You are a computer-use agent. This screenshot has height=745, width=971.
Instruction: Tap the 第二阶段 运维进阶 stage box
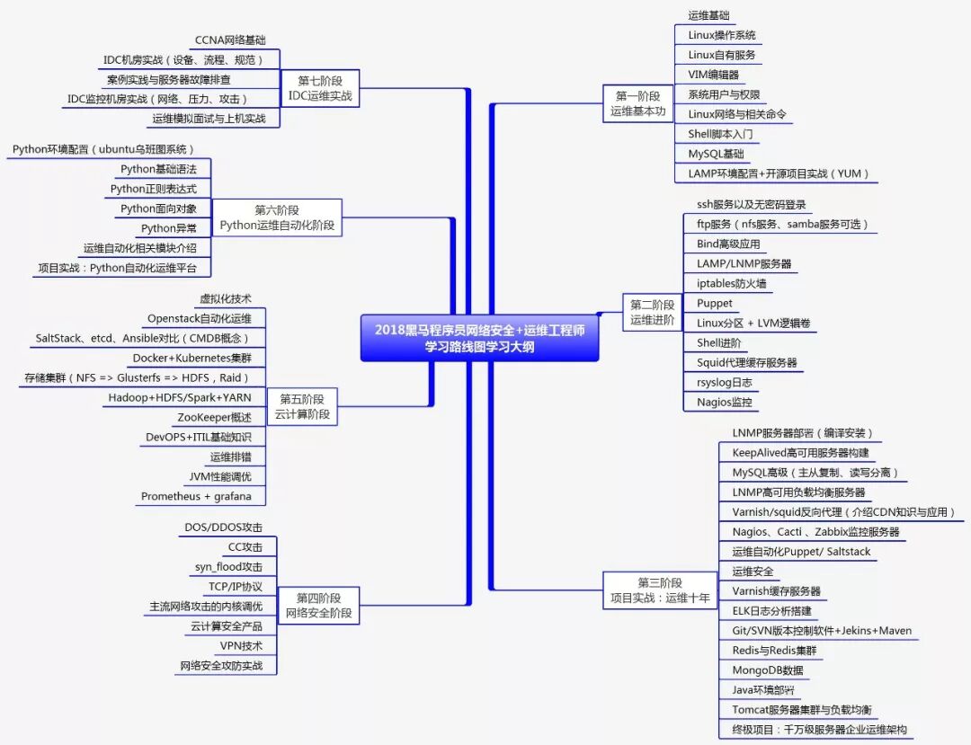click(x=652, y=312)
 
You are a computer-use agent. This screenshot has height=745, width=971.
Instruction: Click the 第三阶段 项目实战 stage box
click(x=660, y=590)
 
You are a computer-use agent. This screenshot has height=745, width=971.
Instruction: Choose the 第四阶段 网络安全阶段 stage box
click(x=319, y=606)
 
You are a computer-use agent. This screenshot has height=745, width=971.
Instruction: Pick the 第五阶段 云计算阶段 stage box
click(x=302, y=406)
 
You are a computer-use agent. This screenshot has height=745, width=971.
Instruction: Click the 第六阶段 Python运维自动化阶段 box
click(x=277, y=217)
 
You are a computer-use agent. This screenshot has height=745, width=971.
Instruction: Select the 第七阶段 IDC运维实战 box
click(x=320, y=88)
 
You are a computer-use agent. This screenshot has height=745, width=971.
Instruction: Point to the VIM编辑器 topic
click(x=713, y=75)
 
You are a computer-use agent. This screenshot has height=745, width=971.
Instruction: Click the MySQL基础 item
click(x=716, y=154)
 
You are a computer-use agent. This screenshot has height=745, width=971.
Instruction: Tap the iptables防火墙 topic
click(x=731, y=283)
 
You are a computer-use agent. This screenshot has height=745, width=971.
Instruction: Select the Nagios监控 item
click(x=724, y=402)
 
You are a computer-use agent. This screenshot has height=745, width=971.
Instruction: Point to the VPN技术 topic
click(x=241, y=645)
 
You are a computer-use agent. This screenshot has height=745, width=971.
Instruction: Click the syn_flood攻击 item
click(x=228, y=566)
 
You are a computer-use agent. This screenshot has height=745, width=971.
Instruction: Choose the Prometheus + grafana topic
click(x=196, y=496)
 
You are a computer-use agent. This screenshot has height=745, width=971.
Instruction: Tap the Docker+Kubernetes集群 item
click(x=192, y=358)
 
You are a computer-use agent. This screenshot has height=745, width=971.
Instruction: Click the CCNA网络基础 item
click(x=230, y=40)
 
